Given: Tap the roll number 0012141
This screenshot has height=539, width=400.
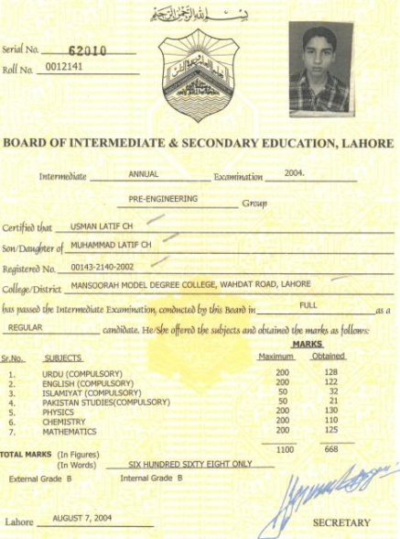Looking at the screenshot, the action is tap(64, 70).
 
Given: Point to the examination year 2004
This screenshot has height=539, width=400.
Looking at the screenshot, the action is tap(293, 172).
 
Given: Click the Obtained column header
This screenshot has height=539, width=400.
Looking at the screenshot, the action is tap(329, 356).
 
